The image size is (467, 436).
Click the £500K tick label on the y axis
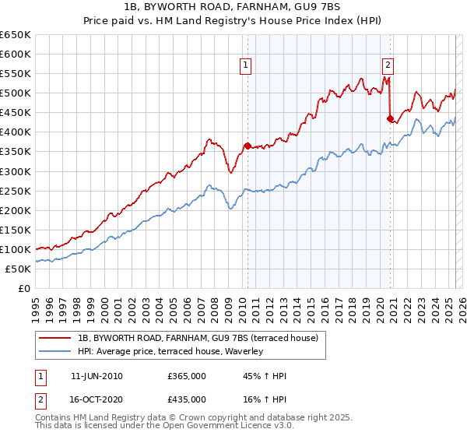pyautogui.click(x=16, y=93)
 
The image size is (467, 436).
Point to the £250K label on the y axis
pyautogui.click(x=16, y=191)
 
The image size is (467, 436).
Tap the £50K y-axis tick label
pyautogui.click(x=18, y=269)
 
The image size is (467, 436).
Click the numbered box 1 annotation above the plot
pyautogui.click(x=246, y=65)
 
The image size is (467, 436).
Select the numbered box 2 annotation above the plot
pyautogui.click(x=387, y=65)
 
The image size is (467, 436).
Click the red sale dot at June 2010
pyautogui.click(x=248, y=146)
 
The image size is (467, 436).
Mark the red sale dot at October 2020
pyautogui.click(x=390, y=118)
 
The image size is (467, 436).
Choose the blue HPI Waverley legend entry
pyautogui.click(x=170, y=351)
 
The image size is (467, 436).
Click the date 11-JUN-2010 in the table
pyautogui.click(x=97, y=376)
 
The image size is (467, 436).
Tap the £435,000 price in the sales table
pyautogui.click(x=187, y=399)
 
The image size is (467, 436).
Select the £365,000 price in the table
pyautogui.click(x=187, y=376)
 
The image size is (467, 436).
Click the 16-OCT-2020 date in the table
pyautogui.click(x=97, y=399)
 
